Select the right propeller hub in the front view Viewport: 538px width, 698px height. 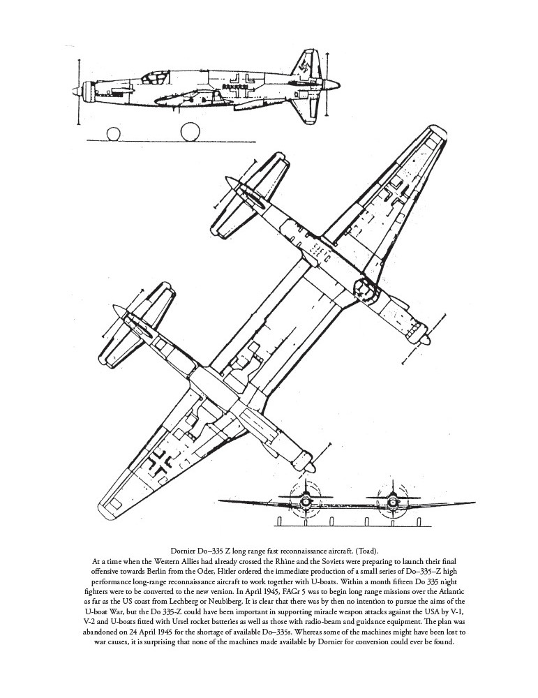point(391,499)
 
